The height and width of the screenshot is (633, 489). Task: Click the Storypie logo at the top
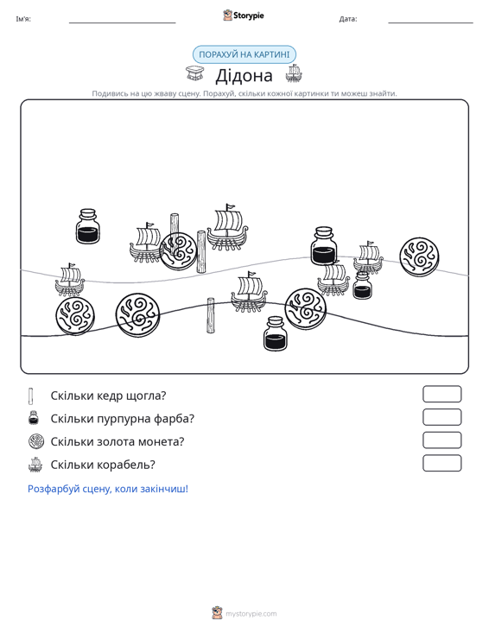pos(244,16)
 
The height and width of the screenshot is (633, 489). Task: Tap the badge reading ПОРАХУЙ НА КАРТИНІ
pos(244,54)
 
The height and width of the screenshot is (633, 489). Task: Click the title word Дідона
pos(244,75)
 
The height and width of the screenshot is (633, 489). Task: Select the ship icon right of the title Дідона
pos(294,73)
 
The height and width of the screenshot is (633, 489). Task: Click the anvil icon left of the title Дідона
pos(194,73)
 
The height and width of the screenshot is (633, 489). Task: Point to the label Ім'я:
pos(23,19)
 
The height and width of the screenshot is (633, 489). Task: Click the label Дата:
pos(348,19)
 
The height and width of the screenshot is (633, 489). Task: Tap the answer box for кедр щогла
pos(442,394)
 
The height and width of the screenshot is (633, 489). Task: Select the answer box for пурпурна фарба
pos(442,417)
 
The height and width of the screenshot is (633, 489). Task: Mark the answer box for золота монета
pos(442,440)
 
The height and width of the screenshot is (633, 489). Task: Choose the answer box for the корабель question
pos(442,463)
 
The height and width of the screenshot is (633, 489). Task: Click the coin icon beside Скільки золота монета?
pos(36,441)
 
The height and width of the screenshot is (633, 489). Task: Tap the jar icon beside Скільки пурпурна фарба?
pos(34,418)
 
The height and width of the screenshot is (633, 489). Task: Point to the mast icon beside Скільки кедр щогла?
pos(31,396)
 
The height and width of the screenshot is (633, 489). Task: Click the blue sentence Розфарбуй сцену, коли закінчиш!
pos(108,489)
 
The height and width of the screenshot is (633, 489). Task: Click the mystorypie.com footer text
pos(251,614)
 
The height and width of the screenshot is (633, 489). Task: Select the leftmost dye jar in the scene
pos(87,226)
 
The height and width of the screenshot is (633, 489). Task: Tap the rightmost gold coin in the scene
pos(419,256)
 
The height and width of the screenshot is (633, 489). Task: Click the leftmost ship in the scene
pos(70,279)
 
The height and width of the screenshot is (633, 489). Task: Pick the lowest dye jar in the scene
pos(276,333)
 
